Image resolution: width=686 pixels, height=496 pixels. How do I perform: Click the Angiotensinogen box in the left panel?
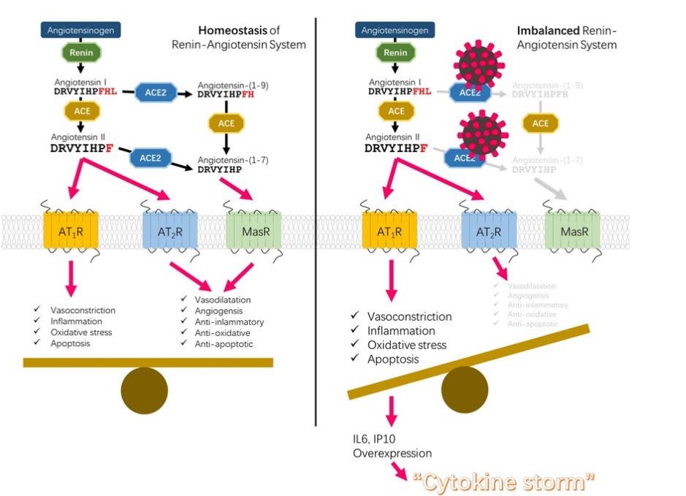click(80, 31)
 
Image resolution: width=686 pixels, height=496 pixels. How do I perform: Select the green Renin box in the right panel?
click(396, 52)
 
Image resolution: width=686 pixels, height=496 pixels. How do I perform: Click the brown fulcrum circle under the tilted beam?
click(465, 388)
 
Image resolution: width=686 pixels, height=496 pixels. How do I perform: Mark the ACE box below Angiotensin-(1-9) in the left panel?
click(226, 123)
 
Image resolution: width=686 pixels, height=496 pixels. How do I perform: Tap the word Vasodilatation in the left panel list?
click(222, 299)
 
